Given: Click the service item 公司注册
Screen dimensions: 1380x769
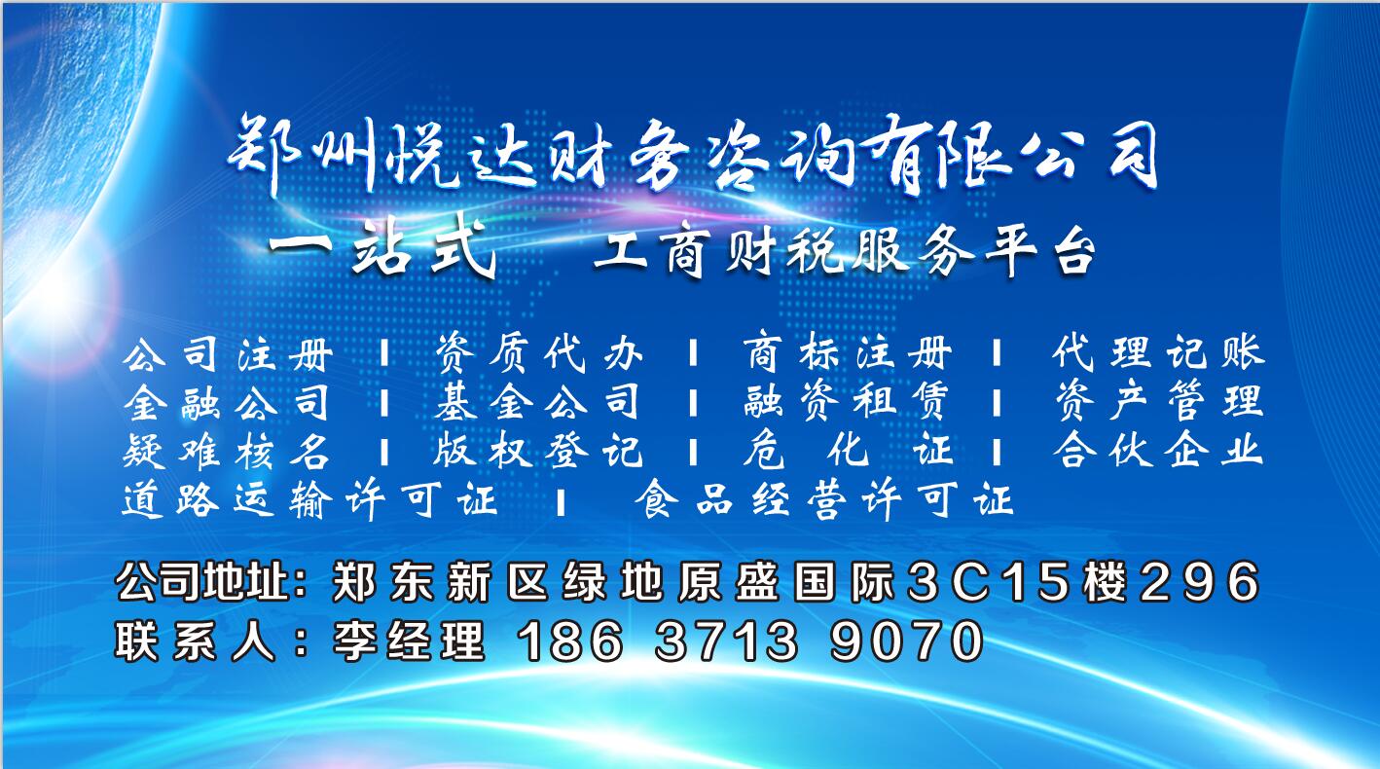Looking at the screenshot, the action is click(x=228, y=353).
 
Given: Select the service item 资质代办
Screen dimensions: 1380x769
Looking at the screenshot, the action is click(x=538, y=353).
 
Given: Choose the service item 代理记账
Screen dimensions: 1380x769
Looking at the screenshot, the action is click(x=1158, y=353).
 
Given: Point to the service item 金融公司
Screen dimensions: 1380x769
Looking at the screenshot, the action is click(x=227, y=402).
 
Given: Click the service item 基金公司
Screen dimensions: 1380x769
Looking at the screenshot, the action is click(x=537, y=402).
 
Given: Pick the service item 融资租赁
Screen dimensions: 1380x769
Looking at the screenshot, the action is click(x=847, y=402).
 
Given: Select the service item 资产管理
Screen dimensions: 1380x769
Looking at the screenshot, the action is click(x=1158, y=401).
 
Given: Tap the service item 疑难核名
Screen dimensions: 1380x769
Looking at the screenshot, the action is click(x=227, y=451).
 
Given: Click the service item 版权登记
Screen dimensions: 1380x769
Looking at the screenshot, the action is click(x=537, y=451).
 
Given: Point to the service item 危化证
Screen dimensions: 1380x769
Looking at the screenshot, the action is click(x=848, y=450).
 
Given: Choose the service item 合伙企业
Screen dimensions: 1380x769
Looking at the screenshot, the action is click(x=1158, y=450).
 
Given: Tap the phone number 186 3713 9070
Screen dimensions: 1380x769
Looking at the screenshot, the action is click(x=749, y=641).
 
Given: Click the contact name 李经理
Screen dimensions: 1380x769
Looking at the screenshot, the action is click(x=409, y=641).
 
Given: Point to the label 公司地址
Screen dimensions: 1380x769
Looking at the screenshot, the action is click(x=202, y=581).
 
